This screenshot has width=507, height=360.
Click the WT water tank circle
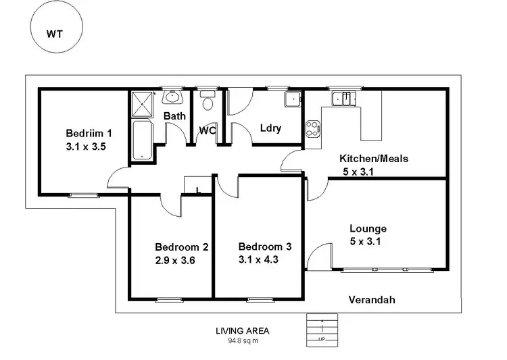point(56,32)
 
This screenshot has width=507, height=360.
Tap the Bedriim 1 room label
point(89,132)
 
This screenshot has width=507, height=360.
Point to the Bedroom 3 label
point(265,247)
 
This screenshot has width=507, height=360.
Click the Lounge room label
point(368,229)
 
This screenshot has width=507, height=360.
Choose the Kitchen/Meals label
point(373,159)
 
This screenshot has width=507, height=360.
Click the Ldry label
point(270,128)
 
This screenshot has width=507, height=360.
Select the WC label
point(207,130)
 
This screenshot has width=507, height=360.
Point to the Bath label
point(174,116)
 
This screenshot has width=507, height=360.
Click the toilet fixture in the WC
point(208,103)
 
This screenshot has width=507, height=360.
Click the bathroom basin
point(174,97)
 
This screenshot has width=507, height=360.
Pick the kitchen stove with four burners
point(313,128)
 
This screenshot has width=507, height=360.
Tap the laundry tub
point(292,100)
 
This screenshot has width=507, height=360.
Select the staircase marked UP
point(322,330)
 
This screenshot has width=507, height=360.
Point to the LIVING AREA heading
point(242,331)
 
